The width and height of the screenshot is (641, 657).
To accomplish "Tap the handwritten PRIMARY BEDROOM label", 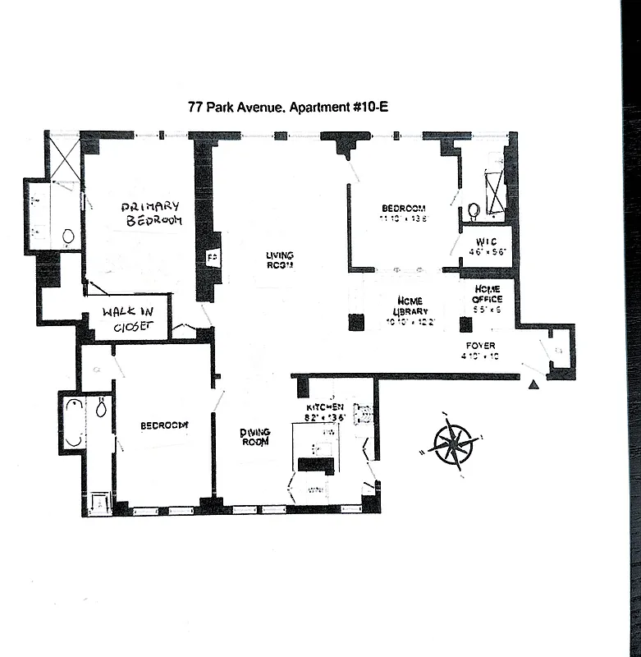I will pos(150,214).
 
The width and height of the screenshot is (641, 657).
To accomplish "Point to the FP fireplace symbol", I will pos(210,258).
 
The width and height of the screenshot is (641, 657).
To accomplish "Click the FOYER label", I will pos(480,345).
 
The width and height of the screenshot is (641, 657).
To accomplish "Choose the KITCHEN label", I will pos(323,407).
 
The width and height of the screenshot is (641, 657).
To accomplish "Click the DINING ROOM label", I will pos(255,438).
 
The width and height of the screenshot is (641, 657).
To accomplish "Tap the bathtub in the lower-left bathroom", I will pos(74,422).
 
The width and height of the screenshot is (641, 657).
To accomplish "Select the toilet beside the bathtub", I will pos(101,407).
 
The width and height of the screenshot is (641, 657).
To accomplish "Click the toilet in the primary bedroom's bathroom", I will pos(67,237).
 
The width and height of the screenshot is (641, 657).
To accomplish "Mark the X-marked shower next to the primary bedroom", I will pos(65,159).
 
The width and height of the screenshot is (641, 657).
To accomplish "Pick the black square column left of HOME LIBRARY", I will pos(356,322).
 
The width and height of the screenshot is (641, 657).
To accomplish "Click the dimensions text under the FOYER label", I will pos(480,356).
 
